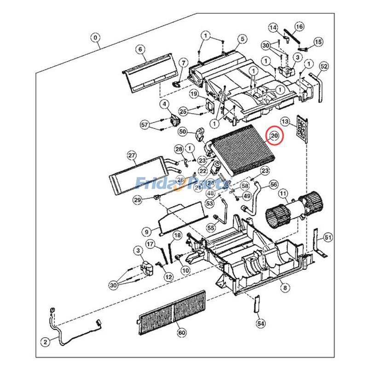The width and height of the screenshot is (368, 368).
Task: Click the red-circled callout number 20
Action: (275, 136)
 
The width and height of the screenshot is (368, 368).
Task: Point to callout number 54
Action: (261, 324)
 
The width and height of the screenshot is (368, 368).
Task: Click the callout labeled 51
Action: (328, 237)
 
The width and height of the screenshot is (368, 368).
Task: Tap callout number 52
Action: (324, 67)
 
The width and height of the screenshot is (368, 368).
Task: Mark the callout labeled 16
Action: (299, 27)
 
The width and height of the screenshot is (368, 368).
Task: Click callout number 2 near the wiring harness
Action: (45, 342)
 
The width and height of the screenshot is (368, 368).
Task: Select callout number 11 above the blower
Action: (283, 194)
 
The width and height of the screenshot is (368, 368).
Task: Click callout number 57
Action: (145, 125)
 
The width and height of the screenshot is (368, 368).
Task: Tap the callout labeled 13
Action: (285, 122)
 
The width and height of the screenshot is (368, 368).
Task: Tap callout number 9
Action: (146, 232)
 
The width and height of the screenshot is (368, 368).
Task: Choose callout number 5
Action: (242, 39)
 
